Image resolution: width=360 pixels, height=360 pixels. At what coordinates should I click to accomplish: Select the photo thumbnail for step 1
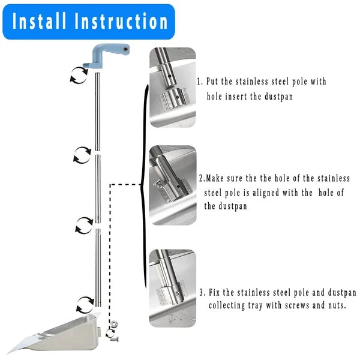pos(173,88)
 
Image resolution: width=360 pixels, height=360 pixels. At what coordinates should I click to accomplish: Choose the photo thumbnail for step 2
pos(173,185)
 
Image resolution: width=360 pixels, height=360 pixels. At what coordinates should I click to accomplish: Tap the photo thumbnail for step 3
pos(173,280)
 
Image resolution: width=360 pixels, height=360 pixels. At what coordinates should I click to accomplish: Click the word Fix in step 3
pos(216,293)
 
